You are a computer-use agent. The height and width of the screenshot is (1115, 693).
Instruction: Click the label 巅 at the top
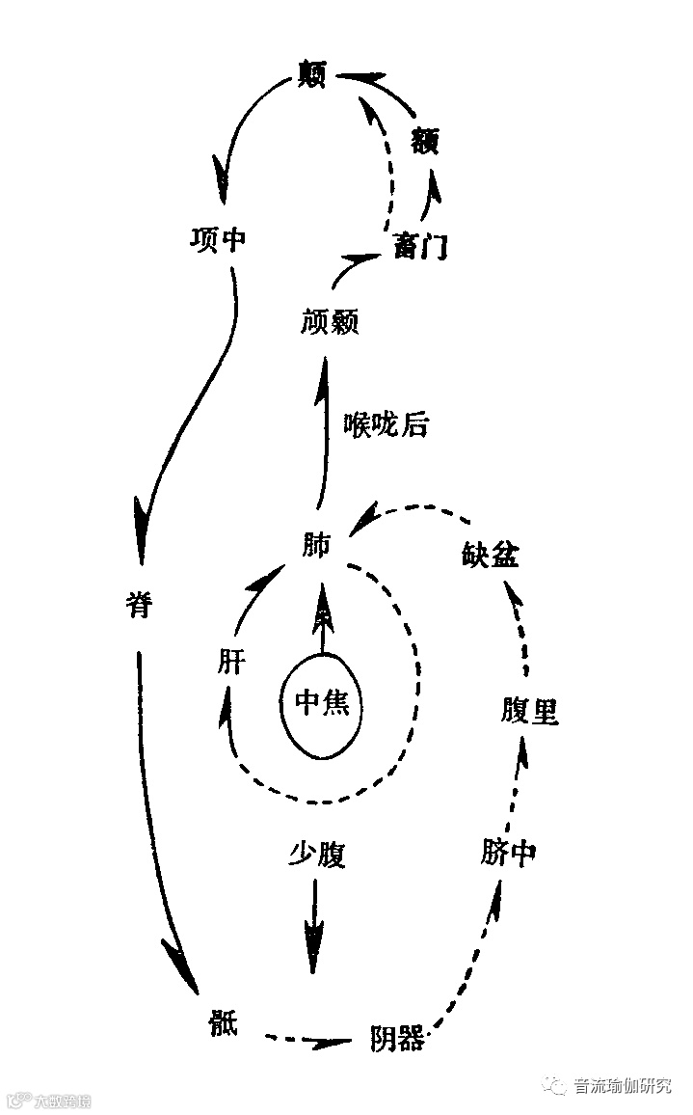(x=312, y=75)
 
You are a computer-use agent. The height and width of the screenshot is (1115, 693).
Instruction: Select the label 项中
(x=218, y=239)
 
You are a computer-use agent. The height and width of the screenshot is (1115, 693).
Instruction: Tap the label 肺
(x=315, y=547)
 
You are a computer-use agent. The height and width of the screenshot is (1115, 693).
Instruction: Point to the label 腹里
(x=529, y=712)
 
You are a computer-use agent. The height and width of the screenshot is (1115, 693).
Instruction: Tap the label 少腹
(x=316, y=855)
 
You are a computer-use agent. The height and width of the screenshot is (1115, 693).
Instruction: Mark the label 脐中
(x=507, y=853)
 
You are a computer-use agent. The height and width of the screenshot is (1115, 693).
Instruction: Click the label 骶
(x=221, y=1021)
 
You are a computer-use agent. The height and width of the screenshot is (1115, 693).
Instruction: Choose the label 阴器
(x=396, y=1039)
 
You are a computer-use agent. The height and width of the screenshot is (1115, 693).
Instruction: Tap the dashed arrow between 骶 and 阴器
(x=308, y=1041)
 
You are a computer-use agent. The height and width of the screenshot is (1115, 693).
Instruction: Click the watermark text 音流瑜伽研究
(x=622, y=1085)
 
